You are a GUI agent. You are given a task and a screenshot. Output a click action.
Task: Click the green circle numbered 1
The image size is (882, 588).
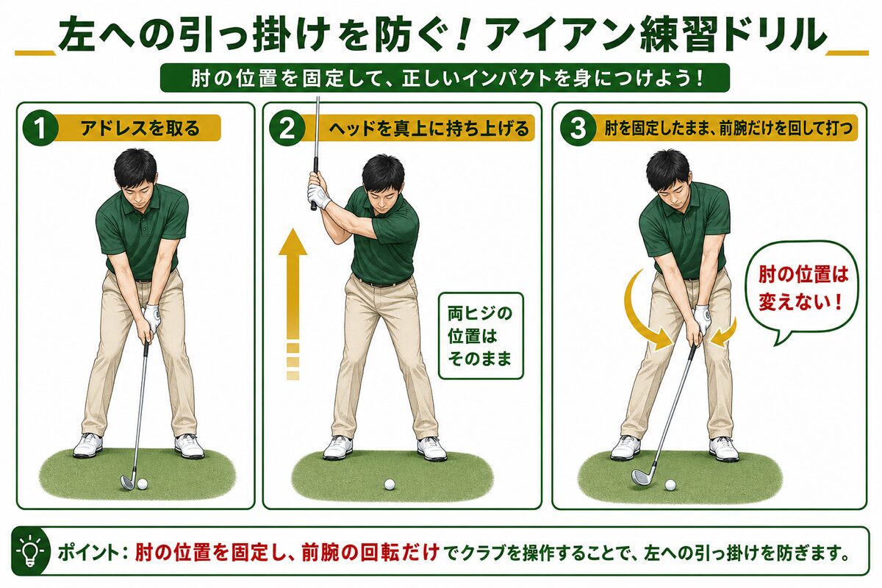(40, 129)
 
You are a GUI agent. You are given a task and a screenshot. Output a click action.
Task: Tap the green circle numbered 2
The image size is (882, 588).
(287, 129)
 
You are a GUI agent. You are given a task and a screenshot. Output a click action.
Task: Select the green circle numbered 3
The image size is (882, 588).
(578, 129)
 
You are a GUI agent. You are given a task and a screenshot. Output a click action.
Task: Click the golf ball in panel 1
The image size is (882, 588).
(142, 484)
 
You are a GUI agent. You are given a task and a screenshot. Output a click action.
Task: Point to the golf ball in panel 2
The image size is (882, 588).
(390, 484)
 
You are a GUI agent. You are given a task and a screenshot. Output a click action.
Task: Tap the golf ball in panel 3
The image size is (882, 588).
(670, 485)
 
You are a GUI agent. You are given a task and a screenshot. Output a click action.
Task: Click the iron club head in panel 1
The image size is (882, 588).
(129, 481)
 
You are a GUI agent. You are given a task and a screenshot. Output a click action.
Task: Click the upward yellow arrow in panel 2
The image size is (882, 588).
(293, 304)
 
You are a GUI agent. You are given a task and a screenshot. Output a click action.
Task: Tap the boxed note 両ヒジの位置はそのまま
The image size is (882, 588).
(481, 336)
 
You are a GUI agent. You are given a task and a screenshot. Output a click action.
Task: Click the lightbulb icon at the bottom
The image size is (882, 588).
(30, 551)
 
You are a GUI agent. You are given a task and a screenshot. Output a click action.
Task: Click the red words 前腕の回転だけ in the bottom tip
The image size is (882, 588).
(371, 553)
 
